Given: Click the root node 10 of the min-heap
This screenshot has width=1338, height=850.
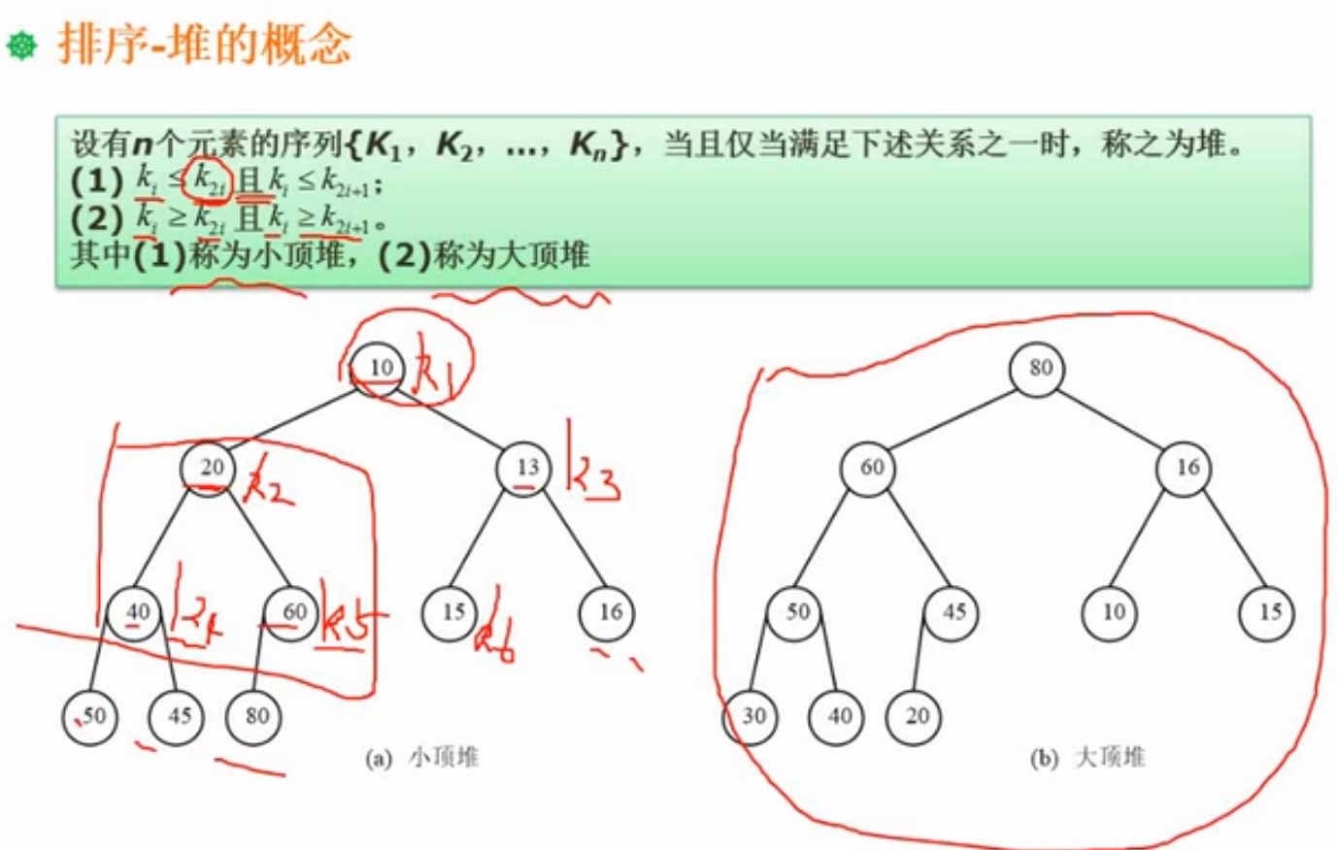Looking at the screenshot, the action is [380, 367].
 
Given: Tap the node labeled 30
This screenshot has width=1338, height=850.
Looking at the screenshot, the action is [753, 716].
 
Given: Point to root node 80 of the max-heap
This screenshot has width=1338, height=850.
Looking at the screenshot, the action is [1039, 368].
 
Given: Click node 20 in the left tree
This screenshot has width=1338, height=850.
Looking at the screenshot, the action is [210, 468].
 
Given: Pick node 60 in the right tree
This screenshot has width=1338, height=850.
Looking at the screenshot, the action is [870, 468].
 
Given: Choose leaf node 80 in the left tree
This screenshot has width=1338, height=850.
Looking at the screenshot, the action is [255, 716].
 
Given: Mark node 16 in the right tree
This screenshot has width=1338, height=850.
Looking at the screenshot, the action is [1186, 468].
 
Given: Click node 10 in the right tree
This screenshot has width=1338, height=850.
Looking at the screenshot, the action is [1112, 612].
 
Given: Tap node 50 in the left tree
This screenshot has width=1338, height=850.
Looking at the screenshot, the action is [92, 716].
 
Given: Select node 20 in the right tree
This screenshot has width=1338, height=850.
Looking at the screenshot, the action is [916, 716].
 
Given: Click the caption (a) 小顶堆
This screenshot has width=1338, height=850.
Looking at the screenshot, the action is [421, 758].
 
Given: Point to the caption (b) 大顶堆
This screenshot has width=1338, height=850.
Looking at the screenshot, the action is [1087, 758].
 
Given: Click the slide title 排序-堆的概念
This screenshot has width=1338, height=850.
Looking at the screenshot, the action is [205, 45].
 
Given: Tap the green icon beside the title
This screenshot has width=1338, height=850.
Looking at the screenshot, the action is [21, 45].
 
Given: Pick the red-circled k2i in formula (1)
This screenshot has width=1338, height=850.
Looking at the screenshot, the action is [208, 179].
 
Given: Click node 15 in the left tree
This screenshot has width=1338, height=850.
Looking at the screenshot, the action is [452, 612].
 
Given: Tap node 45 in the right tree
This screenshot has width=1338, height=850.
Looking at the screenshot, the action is [953, 612].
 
